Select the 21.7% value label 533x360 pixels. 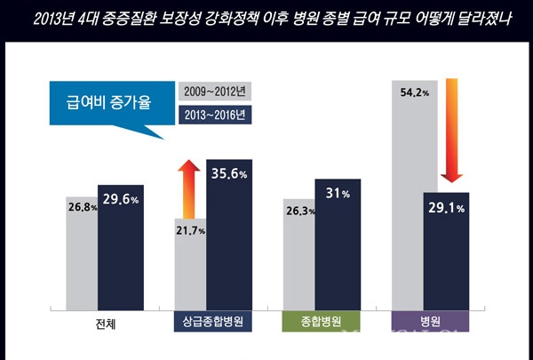[x=190, y=231]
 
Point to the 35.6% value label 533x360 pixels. [x=229, y=174]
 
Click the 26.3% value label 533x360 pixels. [x=298, y=212]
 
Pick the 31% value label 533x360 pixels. [x=338, y=195]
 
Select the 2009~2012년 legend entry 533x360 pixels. [x=214, y=90]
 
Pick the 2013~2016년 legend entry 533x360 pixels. [x=214, y=115]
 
